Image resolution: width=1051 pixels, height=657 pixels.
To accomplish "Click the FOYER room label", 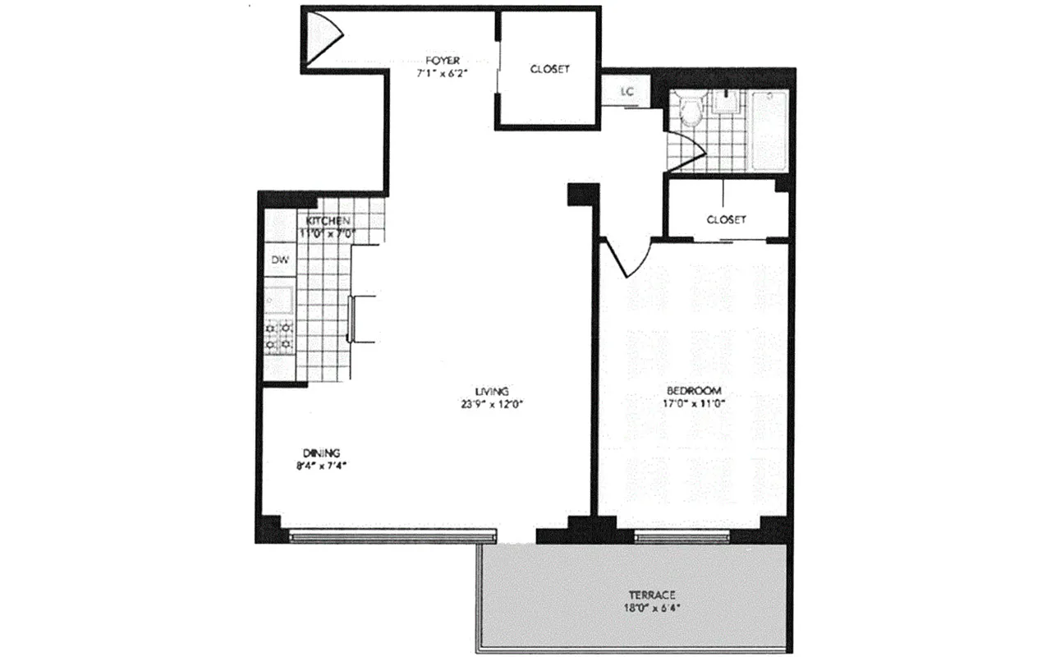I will coord(443,60).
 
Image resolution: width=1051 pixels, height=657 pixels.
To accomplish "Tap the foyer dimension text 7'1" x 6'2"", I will coord(443,73).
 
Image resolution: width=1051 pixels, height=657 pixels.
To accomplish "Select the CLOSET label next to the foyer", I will coord(549,69).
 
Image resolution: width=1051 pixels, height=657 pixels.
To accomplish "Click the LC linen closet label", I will coord(627,91).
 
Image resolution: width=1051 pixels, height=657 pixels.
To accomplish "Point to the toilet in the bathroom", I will coord(691,111).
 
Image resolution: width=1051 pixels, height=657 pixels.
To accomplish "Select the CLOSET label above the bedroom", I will coord(726,219).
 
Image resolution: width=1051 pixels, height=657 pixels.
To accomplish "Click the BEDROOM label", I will coord(694,390).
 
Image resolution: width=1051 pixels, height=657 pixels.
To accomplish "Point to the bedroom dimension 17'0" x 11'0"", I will coord(694,403).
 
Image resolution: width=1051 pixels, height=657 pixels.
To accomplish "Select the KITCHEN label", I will coord(328,222).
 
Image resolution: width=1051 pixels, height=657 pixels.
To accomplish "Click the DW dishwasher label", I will coord(278,260).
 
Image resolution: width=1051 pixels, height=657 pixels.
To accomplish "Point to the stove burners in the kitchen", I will coord(279,336).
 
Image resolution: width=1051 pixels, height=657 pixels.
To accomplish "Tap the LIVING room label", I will coord(493,391).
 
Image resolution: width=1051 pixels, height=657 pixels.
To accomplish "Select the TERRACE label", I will coord(652,595).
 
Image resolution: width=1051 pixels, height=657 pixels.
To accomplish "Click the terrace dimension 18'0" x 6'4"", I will coord(652,609).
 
